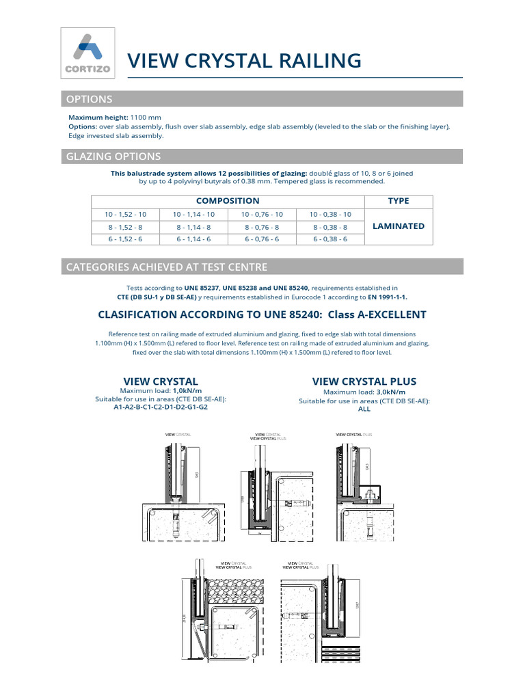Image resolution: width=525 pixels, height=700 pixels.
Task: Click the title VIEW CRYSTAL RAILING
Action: click(245, 61)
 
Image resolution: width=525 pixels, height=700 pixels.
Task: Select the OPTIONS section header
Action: click(89, 99)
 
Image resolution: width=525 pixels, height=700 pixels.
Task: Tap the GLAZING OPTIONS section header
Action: click(113, 156)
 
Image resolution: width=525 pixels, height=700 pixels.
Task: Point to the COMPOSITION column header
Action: click(228, 201)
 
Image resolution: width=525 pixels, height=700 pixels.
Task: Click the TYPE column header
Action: click(398, 201)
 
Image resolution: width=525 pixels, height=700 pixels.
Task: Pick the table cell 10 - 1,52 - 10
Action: click(125, 214)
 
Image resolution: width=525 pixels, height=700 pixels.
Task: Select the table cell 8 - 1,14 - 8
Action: click(193, 227)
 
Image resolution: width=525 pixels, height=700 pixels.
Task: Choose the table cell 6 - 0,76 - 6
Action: click(262, 239)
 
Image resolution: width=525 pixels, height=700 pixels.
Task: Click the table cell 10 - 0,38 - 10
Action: click(330, 214)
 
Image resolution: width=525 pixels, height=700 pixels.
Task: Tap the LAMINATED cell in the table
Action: click(398, 226)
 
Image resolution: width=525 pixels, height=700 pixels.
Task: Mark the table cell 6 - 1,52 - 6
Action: click(125, 239)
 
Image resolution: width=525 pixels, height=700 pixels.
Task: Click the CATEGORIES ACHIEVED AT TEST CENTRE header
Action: click(166, 267)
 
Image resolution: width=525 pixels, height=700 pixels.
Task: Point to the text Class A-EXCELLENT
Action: click(377, 314)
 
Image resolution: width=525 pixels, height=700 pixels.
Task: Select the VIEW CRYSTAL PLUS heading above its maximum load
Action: click(364, 381)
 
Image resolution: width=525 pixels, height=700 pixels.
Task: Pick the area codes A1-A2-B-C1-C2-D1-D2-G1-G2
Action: click(160, 407)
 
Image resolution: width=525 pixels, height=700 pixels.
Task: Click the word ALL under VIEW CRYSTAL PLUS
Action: click(364, 409)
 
